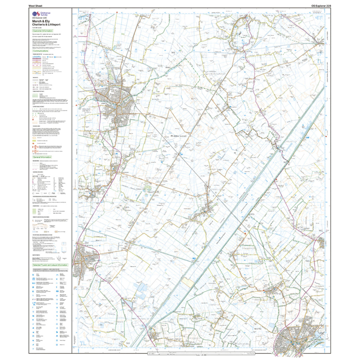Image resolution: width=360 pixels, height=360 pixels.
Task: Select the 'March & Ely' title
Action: click(x=41, y=21)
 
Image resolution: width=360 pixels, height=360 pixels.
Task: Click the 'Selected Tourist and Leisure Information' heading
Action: click(x=50, y=265)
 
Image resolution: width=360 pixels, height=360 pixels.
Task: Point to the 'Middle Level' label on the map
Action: click(x=180, y=136)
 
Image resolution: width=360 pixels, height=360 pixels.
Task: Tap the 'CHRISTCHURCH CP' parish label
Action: click(x=217, y=74)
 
